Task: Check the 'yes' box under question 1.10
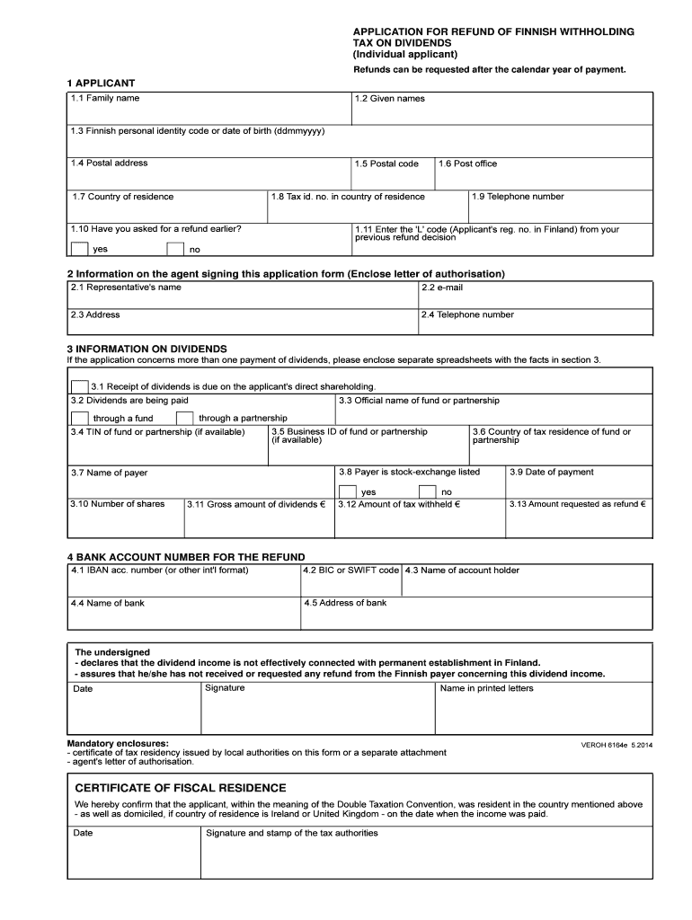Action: [x=79, y=249]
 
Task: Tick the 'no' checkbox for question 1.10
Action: [x=175, y=249]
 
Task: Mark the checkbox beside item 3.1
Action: [x=79, y=386]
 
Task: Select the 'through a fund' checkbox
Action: [x=79, y=418]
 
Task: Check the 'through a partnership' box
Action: [x=184, y=418]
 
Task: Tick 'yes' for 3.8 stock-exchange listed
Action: [x=348, y=491]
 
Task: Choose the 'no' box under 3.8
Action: [x=427, y=491]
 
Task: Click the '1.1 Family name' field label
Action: [x=105, y=98]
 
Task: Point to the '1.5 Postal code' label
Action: [x=386, y=164]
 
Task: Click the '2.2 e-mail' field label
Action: [x=442, y=288]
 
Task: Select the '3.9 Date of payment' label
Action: [x=552, y=472]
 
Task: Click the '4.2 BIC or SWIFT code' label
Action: [x=350, y=571]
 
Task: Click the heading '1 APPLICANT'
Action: [x=101, y=84]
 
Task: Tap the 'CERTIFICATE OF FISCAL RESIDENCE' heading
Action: [x=181, y=787]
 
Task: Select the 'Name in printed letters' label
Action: [x=486, y=689]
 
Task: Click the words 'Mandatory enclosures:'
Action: [x=118, y=744]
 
